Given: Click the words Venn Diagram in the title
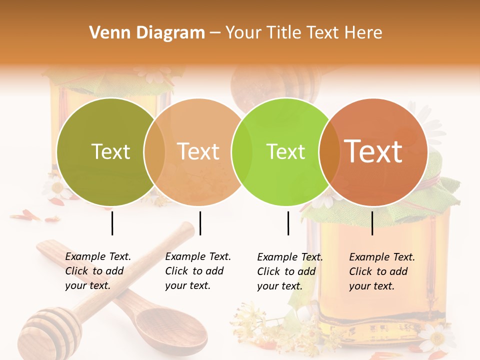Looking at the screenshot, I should pyautogui.click(x=147, y=32).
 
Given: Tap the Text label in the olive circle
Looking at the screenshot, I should pyautogui.click(x=110, y=151).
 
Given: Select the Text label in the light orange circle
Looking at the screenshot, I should pyautogui.click(x=198, y=151).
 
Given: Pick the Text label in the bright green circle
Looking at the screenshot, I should pyautogui.click(x=285, y=151).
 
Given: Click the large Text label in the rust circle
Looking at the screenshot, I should pyautogui.click(x=373, y=151).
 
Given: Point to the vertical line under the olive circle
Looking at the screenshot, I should pyautogui.click(x=112, y=223).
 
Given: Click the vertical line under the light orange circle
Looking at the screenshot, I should pyautogui.click(x=200, y=223).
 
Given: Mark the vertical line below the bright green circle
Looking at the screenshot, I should pyautogui.click(x=288, y=223).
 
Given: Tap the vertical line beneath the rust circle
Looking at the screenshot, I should pyautogui.click(x=372, y=223).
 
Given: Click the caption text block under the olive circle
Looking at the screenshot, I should pyautogui.click(x=97, y=271).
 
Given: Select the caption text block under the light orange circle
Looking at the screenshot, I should pyautogui.click(x=197, y=271).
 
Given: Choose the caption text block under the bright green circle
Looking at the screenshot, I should pyautogui.click(x=289, y=271).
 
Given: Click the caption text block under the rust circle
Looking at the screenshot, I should pyautogui.click(x=381, y=271).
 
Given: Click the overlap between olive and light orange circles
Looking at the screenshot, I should pyautogui.click(x=154, y=151).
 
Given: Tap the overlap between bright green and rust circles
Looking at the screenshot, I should pyautogui.click(x=327, y=151).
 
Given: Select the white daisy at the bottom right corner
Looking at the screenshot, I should pyautogui.click(x=438, y=337).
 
